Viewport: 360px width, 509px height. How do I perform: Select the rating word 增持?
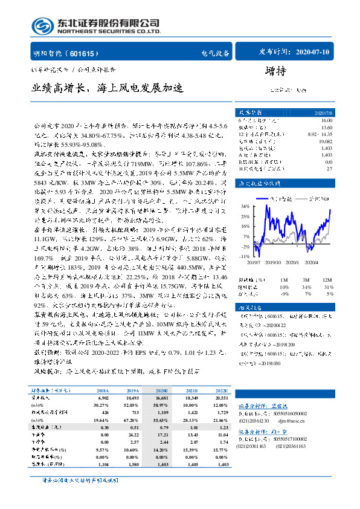click(277, 70)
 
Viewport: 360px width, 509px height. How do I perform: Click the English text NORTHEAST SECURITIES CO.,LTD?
click(109, 31)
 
